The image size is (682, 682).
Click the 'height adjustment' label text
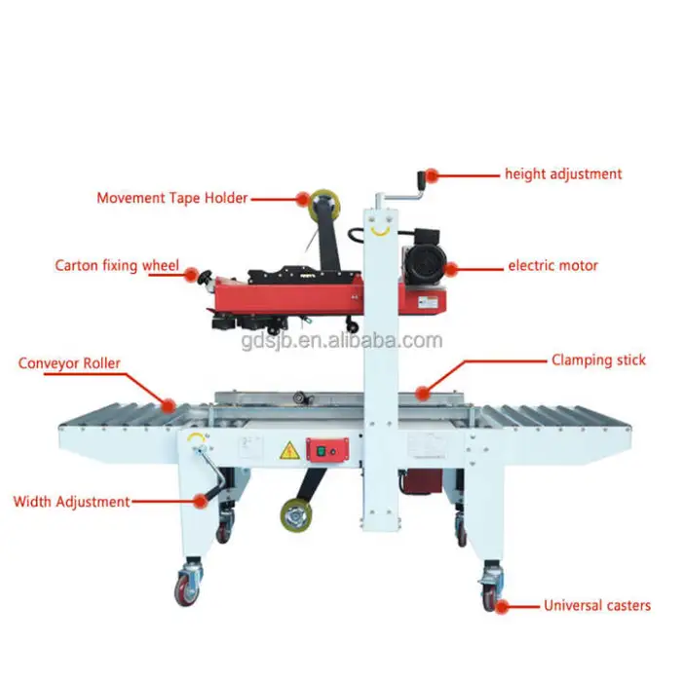[563, 174]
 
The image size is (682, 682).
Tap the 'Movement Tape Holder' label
[171, 199]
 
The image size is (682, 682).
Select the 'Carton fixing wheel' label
[117, 265]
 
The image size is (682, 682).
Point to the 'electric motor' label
[552, 265]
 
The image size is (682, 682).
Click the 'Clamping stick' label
[598, 360]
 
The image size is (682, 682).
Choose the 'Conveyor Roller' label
[69, 363]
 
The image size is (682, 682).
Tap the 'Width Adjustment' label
[72, 502]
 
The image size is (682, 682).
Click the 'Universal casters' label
[597, 605]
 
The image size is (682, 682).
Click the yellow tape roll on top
[324, 204]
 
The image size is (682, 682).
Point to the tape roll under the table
[296, 515]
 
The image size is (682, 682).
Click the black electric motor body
[424, 259]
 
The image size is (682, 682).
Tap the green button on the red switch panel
[322, 451]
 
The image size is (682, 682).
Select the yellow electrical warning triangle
[289, 450]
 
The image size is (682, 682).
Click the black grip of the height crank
[422, 180]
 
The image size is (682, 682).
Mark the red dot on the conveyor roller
[169, 406]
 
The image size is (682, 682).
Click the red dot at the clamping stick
[422, 394]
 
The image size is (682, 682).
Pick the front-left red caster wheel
[186, 589]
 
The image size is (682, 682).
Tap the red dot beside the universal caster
[502, 607]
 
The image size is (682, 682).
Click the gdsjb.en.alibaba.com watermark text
[342, 341]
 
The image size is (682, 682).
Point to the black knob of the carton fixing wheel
[205, 277]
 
